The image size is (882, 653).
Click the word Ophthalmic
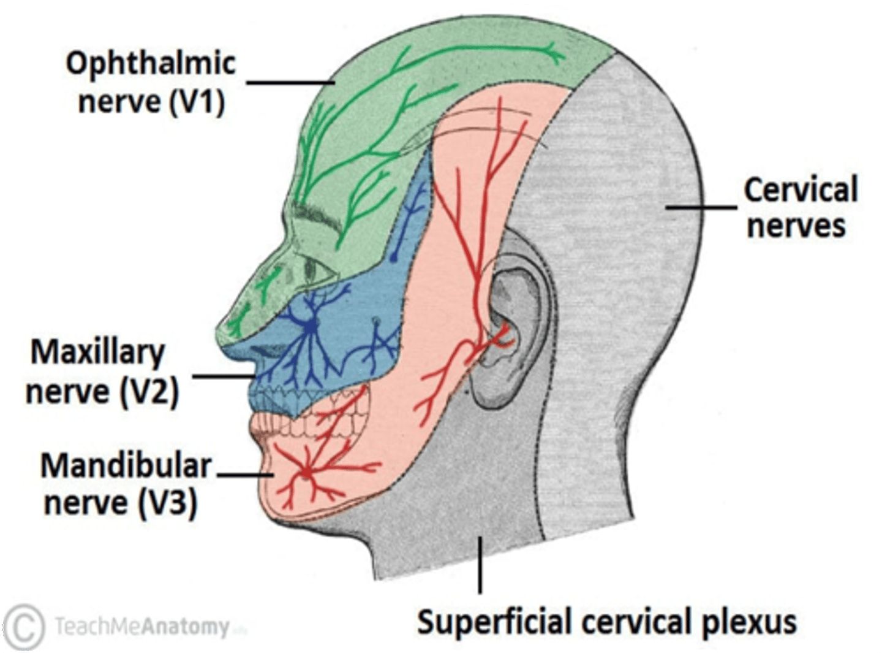pos(151,64)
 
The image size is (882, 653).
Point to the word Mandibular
pos(126,466)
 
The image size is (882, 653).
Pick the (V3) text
pos(167,503)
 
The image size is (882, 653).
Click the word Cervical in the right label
pos(801,190)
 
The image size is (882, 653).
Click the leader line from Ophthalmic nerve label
pos(290,82)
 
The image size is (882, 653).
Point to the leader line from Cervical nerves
pos(701,207)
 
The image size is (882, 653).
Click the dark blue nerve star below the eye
pos(312,326)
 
